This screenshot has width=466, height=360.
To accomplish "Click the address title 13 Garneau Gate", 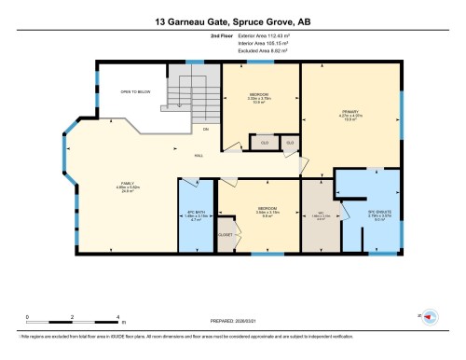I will click(x=233, y=20).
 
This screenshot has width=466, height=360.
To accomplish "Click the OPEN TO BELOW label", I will click(x=136, y=92).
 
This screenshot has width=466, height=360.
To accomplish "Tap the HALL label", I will click(x=199, y=156).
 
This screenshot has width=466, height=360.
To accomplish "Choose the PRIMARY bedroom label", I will click(x=350, y=115).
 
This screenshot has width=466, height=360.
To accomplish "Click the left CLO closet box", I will click(x=265, y=143).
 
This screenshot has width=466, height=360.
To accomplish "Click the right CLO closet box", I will click(x=290, y=143).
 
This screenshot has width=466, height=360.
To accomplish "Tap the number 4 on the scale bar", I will click(x=117, y=318).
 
